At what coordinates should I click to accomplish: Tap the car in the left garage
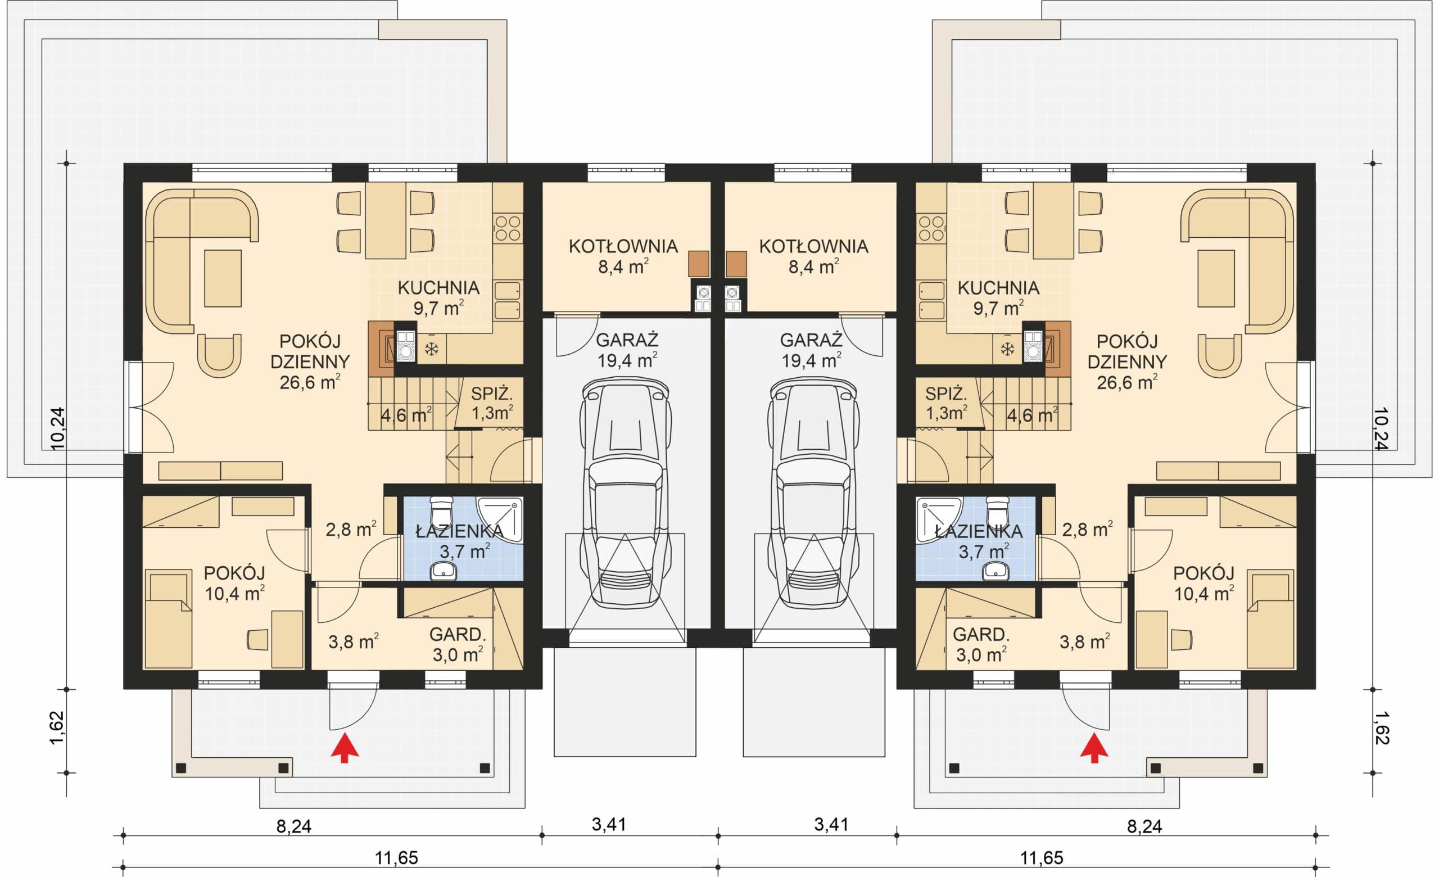(x=626, y=494)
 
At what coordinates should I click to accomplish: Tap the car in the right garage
(x=813, y=494)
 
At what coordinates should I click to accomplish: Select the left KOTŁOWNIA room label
(x=623, y=246)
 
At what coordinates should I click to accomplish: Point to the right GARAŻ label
(x=811, y=340)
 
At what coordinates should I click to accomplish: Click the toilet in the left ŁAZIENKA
(x=441, y=512)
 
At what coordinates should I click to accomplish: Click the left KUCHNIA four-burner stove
(x=508, y=228)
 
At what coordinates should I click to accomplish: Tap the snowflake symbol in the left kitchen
(x=432, y=350)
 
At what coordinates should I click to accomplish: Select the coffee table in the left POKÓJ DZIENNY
(x=223, y=278)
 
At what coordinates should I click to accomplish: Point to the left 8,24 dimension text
(x=294, y=827)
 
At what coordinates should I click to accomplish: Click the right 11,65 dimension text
(x=1041, y=858)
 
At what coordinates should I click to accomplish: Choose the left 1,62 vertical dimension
(x=57, y=727)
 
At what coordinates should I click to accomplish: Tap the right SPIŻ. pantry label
(x=945, y=394)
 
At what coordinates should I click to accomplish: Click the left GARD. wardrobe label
(x=458, y=635)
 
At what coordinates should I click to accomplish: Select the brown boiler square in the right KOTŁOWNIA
(x=736, y=264)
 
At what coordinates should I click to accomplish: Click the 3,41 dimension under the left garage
(x=609, y=825)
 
